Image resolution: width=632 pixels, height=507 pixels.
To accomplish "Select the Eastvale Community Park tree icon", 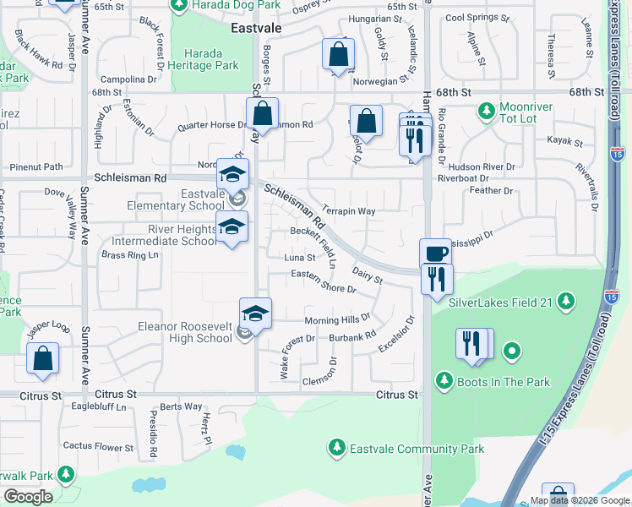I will click(x=337, y=446).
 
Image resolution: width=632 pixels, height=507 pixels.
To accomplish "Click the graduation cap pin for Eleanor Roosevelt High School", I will click(x=255, y=313).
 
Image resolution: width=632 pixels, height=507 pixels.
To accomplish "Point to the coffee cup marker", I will click(x=436, y=253).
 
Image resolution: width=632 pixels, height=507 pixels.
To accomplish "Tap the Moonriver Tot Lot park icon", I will click(x=486, y=110).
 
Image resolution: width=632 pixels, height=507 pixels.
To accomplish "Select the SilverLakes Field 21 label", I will click(x=499, y=303).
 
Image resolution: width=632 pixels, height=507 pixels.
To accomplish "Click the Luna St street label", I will click(x=299, y=258).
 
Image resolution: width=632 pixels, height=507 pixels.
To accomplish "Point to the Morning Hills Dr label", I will click(x=337, y=320).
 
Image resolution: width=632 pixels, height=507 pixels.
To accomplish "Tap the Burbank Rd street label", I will click(x=352, y=336).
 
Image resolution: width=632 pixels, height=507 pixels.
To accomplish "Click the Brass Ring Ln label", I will click(x=130, y=254).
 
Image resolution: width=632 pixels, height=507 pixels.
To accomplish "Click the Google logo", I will click(x=28, y=497).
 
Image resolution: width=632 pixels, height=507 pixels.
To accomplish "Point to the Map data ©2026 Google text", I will click(x=579, y=500).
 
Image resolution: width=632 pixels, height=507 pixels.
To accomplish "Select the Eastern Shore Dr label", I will click(x=323, y=288).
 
